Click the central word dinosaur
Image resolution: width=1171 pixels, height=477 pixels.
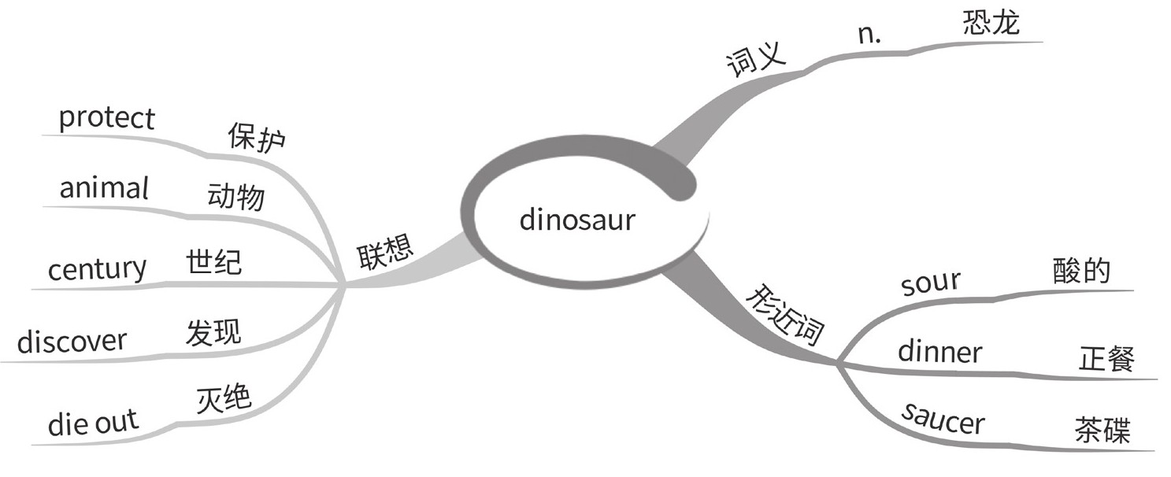point(576,220)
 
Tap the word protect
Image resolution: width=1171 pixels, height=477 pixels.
point(107,119)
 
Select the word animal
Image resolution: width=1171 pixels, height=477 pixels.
point(104,188)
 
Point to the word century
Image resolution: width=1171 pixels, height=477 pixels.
point(97,270)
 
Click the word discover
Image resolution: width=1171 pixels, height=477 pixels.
point(72,342)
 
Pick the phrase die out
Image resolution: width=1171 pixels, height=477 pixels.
point(92,423)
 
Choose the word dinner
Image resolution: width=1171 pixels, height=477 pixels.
point(939,351)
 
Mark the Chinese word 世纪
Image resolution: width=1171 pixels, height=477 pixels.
point(214,262)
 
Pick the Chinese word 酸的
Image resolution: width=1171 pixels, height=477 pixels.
point(1081,270)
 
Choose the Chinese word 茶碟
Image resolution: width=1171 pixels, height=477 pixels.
point(1102,431)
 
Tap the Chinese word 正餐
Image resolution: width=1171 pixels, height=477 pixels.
point(1106,360)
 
